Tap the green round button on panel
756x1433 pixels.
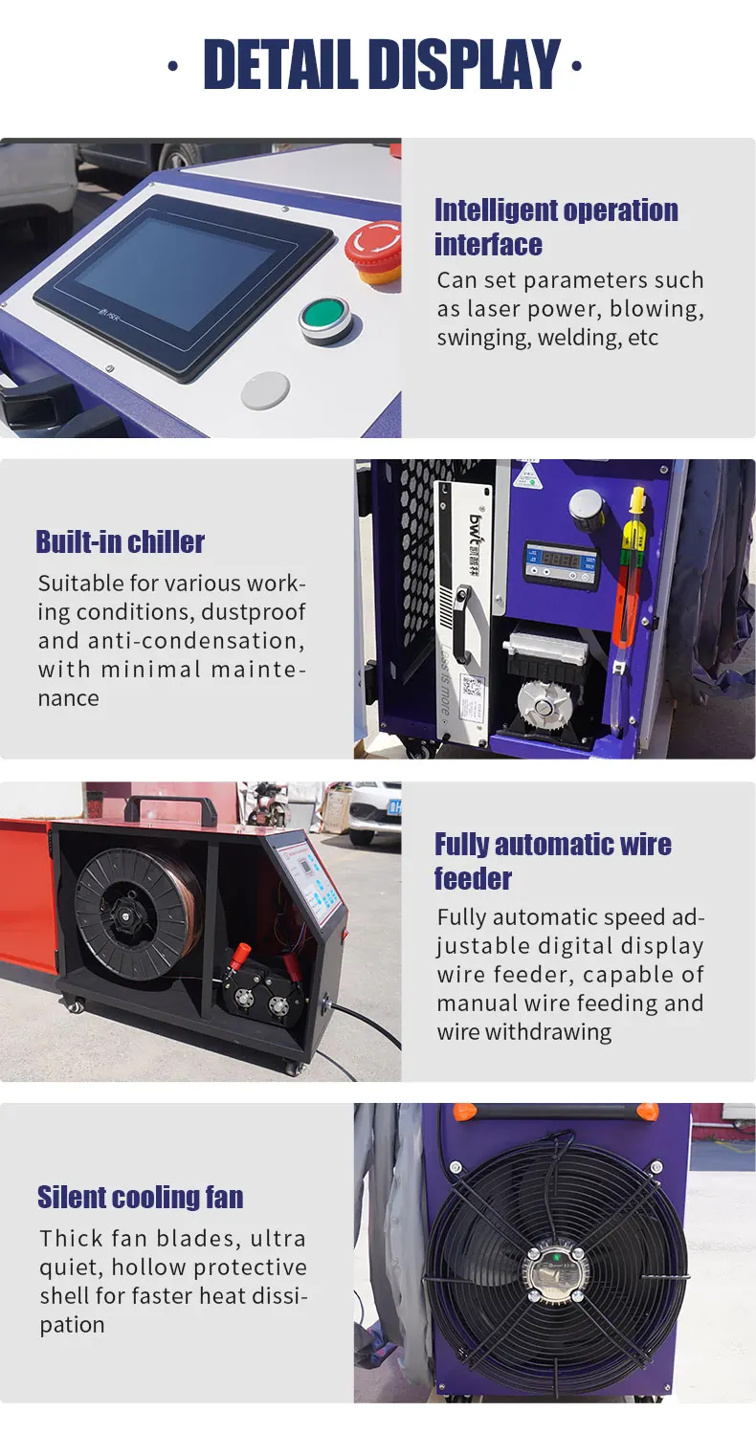(324, 317)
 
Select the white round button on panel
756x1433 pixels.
(265, 390)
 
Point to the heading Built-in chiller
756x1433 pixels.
(120, 541)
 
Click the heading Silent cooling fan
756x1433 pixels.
(140, 1197)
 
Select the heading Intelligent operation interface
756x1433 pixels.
(556, 227)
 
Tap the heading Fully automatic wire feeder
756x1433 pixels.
(552, 861)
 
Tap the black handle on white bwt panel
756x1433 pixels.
(463, 622)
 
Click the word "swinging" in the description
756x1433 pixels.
(483, 338)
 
